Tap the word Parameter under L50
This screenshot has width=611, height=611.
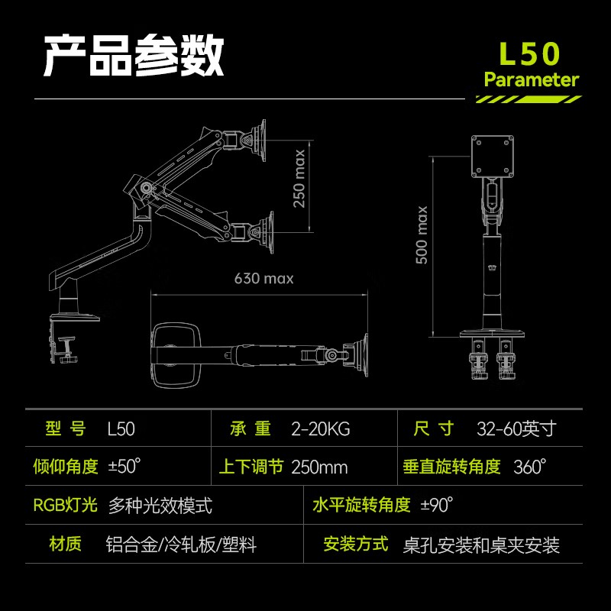pyautogui.click(x=532, y=79)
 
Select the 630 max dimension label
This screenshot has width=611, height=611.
pyautogui.click(x=263, y=279)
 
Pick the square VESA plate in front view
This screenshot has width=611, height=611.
pyautogui.click(x=491, y=154)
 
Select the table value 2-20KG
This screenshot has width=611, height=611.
pyautogui.click(x=320, y=429)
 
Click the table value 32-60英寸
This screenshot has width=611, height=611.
pyautogui.click(x=516, y=429)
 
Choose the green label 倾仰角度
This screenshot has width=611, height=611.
pyautogui.click(x=66, y=467)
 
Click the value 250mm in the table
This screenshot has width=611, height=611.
pyautogui.click(x=319, y=467)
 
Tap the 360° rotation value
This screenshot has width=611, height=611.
pyautogui.click(x=530, y=467)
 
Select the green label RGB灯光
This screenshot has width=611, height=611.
pyautogui.click(x=66, y=505)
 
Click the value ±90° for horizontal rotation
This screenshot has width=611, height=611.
pyautogui.click(x=437, y=505)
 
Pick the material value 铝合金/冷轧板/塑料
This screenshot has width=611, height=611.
pyautogui.click(x=181, y=545)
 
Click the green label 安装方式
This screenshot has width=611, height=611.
pyautogui.click(x=356, y=545)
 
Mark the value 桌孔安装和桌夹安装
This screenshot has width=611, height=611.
pyautogui.click(x=481, y=545)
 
